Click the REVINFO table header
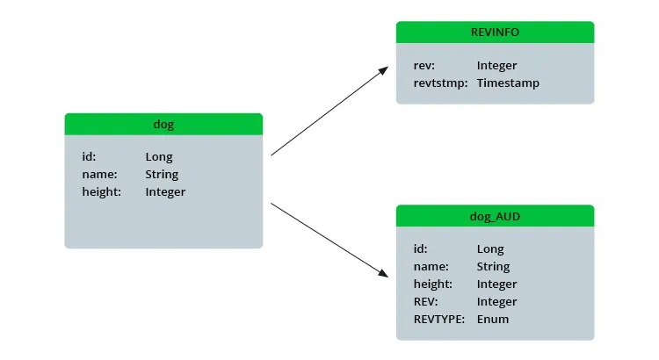click(x=495, y=32)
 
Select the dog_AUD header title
click(x=495, y=216)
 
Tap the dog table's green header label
click(x=163, y=125)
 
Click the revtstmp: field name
click(x=440, y=83)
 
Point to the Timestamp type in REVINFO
click(x=508, y=83)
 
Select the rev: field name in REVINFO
click(x=424, y=66)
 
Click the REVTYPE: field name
click(x=439, y=320)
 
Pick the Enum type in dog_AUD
click(x=493, y=320)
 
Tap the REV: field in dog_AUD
click(x=425, y=302)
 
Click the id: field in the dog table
click(x=89, y=156)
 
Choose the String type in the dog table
click(x=162, y=175)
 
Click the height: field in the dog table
click(x=102, y=191)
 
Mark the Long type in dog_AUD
click(x=490, y=249)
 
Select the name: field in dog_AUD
click(x=431, y=267)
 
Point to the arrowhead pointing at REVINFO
click(x=383, y=70)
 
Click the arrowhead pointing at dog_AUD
click(x=383, y=273)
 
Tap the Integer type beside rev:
click(x=496, y=66)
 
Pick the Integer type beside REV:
click(x=496, y=302)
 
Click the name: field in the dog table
click(x=99, y=175)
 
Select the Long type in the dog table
click(x=159, y=157)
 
